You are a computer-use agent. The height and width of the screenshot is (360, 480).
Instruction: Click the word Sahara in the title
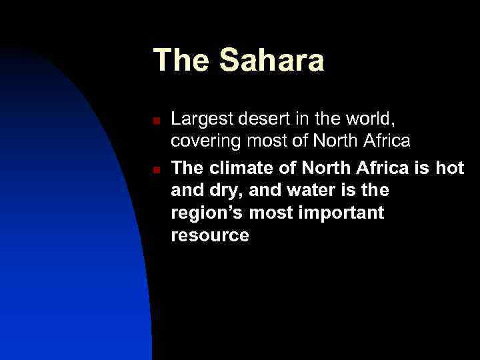pyautogui.click(x=272, y=60)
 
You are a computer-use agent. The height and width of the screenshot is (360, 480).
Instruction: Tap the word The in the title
pyautogui.click(x=181, y=60)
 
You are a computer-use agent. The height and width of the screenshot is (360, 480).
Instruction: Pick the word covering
pyautogui.click(x=203, y=141)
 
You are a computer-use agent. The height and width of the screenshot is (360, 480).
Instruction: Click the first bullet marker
pyautogui.click(x=155, y=121)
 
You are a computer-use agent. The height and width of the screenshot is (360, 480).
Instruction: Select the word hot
pyautogui.click(x=449, y=168)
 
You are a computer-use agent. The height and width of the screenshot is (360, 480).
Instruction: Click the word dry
pyautogui.click(x=225, y=191)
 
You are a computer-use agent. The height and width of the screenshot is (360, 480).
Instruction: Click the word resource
pyautogui.click(x=210, y=235)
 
